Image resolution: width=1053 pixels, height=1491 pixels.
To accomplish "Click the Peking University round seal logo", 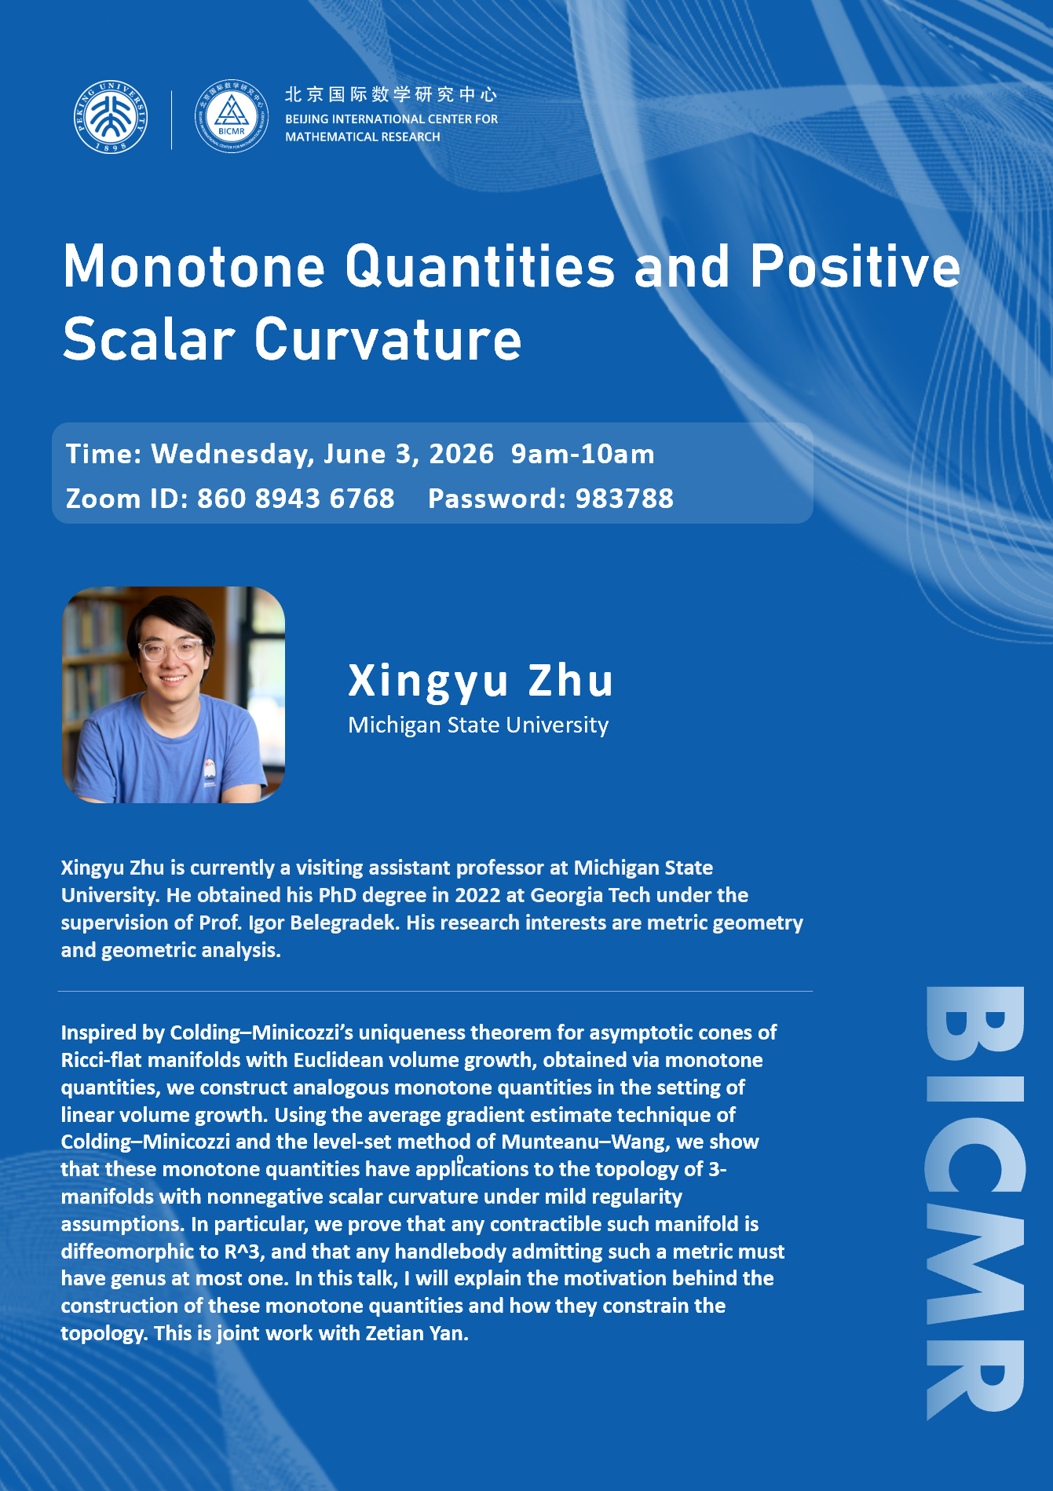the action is (x=111, y=117).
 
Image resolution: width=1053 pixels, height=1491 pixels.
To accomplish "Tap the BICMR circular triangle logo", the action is (x=232, y=116).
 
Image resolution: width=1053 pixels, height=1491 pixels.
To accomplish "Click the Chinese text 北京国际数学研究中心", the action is (x=391, y=95).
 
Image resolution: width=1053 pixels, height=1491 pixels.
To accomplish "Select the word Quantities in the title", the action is (x=480, y=266).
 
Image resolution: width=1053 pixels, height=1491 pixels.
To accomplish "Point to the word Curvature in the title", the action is (x=388, y=339).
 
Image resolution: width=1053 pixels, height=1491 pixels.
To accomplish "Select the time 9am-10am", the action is (x=583, y=455).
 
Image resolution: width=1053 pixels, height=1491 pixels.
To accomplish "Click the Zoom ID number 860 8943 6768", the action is (x=296, y=499).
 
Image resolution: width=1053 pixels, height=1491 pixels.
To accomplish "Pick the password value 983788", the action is (x=625, y=499).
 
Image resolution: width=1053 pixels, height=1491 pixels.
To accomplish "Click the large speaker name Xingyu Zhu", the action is (x=481, y=680).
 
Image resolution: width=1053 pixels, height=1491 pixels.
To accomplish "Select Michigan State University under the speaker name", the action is (x=478, y=725).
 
